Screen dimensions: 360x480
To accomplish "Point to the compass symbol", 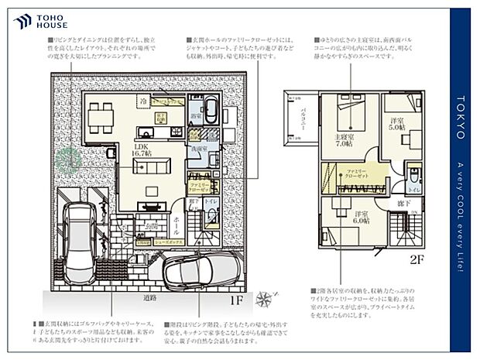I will [266, 295].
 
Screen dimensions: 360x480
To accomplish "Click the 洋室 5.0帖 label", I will [397, 124].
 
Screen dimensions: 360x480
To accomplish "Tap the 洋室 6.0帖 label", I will [361, 218].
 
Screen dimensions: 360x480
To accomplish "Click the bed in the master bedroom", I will [352, 116].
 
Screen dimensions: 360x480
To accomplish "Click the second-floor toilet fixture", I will [417, 176].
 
